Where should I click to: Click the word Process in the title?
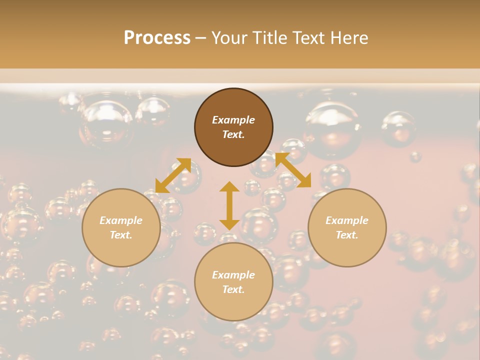click(157, 37)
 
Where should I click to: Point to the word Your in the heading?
click(229, 37)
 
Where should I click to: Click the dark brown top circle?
click(233, 127)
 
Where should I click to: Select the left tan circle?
click(121, 227)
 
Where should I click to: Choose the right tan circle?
click(347, 227)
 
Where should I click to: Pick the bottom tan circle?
click(233, 281)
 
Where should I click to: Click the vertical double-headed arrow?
click(229, 205)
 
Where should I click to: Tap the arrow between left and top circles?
click(173, 175)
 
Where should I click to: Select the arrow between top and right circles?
click(293, 170)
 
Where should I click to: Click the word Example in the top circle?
click(233, 120)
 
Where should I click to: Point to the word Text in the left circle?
click(121, 235)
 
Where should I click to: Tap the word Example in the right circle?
click(347, 220)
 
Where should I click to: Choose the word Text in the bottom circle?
click(233, 289)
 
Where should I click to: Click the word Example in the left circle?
click(121, 220)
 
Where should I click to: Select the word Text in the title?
click(309, 37)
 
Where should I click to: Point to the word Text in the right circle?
click(347, 235)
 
